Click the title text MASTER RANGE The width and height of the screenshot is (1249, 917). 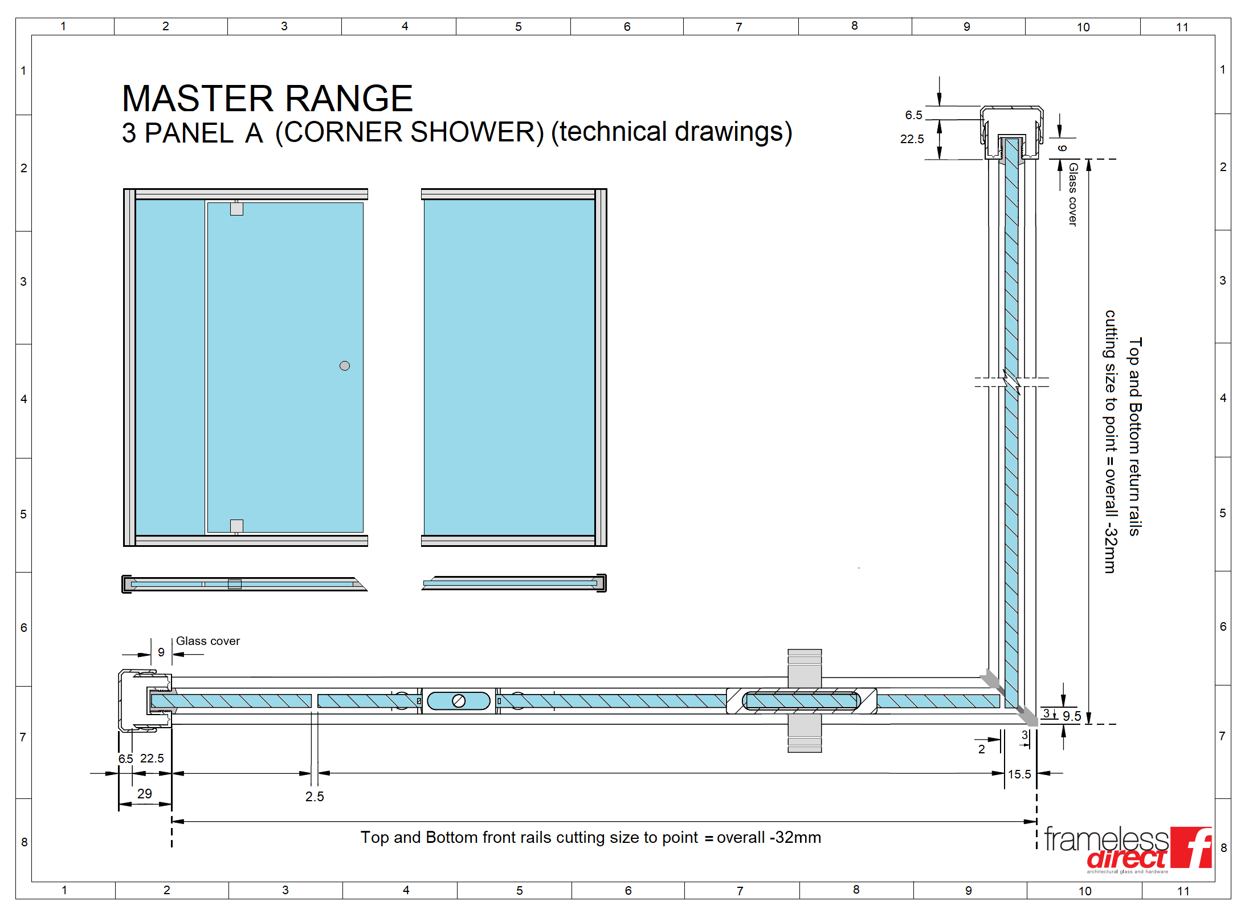tap(267, 99)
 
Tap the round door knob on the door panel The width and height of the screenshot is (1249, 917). tap(345, 366)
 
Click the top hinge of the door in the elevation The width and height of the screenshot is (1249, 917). tap(236, 209)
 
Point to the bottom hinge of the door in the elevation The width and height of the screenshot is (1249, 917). tap(236, 526)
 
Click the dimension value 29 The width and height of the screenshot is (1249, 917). tap(145, 793)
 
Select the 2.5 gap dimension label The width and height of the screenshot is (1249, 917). tap(315, 797)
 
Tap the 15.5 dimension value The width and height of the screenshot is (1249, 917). tap(1019, 774)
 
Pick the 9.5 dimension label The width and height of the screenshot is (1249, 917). tap(1072, 716)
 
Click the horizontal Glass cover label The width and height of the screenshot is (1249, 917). tap(208, 641)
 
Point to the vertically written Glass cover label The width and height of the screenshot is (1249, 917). tap(1073, 194)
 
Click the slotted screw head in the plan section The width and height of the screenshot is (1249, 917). tap(459, 701)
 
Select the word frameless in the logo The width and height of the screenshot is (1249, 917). tap(1107, 839)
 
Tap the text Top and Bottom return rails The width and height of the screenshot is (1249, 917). tap(1135, 437)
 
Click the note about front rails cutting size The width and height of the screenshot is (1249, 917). tap(591, 837)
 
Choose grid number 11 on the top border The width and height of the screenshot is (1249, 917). tap(1182, 27)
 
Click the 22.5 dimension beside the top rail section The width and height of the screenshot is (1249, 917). tap(912, 139)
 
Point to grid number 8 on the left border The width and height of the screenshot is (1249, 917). tap(24, 842)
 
